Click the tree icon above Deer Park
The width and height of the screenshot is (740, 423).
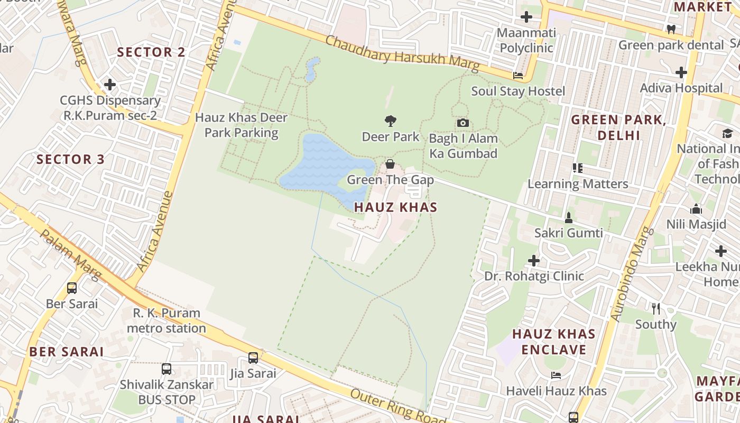coord(391,121)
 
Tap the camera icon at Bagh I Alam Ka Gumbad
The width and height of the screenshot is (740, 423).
coord(462,123)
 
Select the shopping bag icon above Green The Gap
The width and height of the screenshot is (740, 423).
coord(390,164)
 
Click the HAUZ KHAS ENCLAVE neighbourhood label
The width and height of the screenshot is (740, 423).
coord(554,342)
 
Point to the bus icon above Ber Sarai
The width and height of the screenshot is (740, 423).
coord(72,288)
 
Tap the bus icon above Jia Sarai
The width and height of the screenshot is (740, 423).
coord(253,358)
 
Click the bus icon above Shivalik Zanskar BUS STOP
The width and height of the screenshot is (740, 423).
coord(166,369)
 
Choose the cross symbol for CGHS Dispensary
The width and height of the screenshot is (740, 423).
coord(110,85)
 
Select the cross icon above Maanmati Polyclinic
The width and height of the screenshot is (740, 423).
coord(526,17)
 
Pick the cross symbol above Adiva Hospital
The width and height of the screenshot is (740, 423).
coord(681,72)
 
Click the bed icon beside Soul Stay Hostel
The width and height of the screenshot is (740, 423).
coord(518,76)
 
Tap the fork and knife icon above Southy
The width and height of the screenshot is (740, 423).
coord(656,308)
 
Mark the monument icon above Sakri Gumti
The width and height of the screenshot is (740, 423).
coord(569,217)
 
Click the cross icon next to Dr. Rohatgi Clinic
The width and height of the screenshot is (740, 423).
coord(534,261)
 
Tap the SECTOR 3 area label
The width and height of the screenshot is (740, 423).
coord(70,159)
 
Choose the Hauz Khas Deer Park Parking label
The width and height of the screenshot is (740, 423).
coord(241,125)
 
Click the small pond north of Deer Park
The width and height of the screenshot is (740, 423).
coord(312,70)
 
